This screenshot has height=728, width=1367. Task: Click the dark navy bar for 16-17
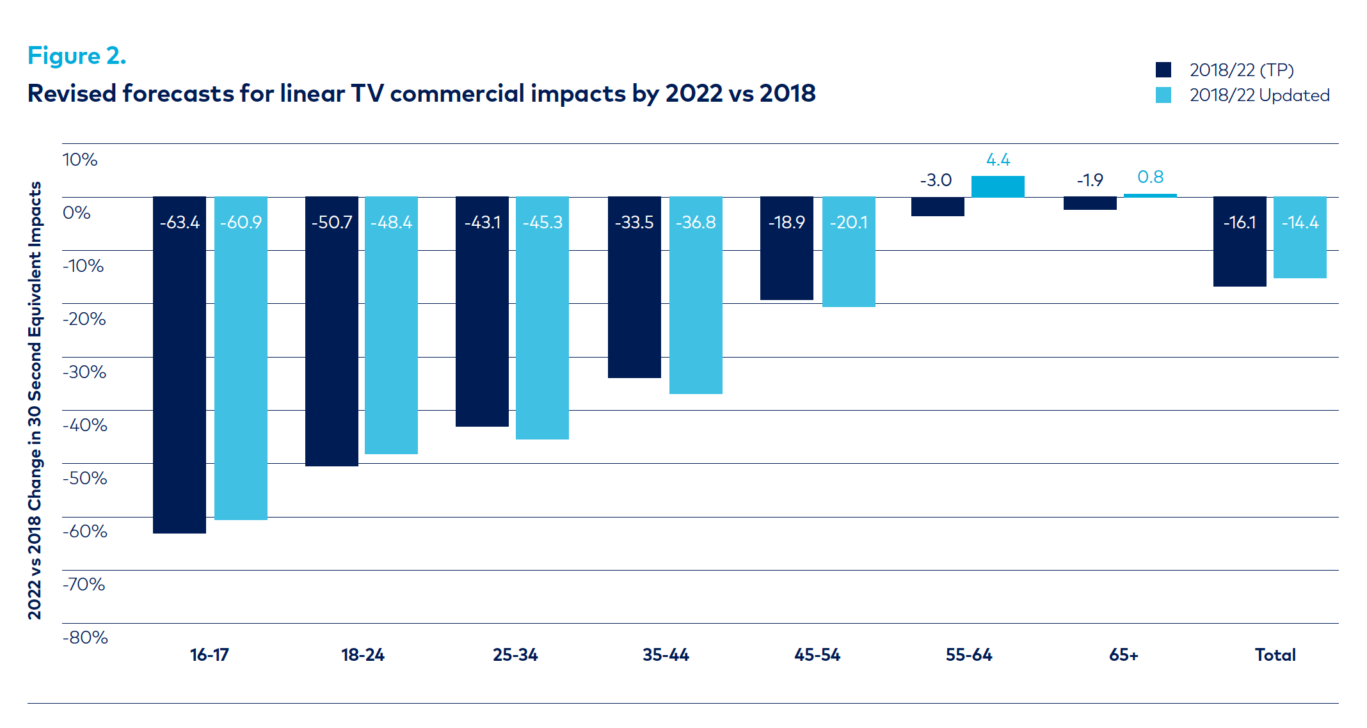click(x=179, y=365)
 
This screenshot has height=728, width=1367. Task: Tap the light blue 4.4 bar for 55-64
click(x=998, y=186)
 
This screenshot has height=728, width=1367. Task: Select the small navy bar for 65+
click(x=1090, y=203)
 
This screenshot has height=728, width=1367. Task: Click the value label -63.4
click(x=179, y=223)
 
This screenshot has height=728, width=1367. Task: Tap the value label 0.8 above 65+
click(x=1150, y=177)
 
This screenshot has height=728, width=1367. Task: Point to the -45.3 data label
click(x=542, y=223)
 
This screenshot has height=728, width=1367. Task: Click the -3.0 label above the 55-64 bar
click(x=936, y=180)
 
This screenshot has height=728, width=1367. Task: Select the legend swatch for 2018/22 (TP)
click(x=1163, y=70)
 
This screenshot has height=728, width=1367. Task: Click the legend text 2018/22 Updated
click(x=1259, y=95)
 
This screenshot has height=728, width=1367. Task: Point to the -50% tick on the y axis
click(x=85, y=479)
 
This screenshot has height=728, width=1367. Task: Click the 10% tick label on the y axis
click(x=80, y=160)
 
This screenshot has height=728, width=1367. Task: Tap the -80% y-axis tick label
click(x=85, y=638)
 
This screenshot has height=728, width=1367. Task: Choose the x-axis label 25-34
click(x=515, y=655)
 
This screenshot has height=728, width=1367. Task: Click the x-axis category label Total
click(x=1275, y=655)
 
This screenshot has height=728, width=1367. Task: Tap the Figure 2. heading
click(x=77, y=56)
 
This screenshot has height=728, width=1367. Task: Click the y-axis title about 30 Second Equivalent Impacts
click(x=35, y=400)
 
